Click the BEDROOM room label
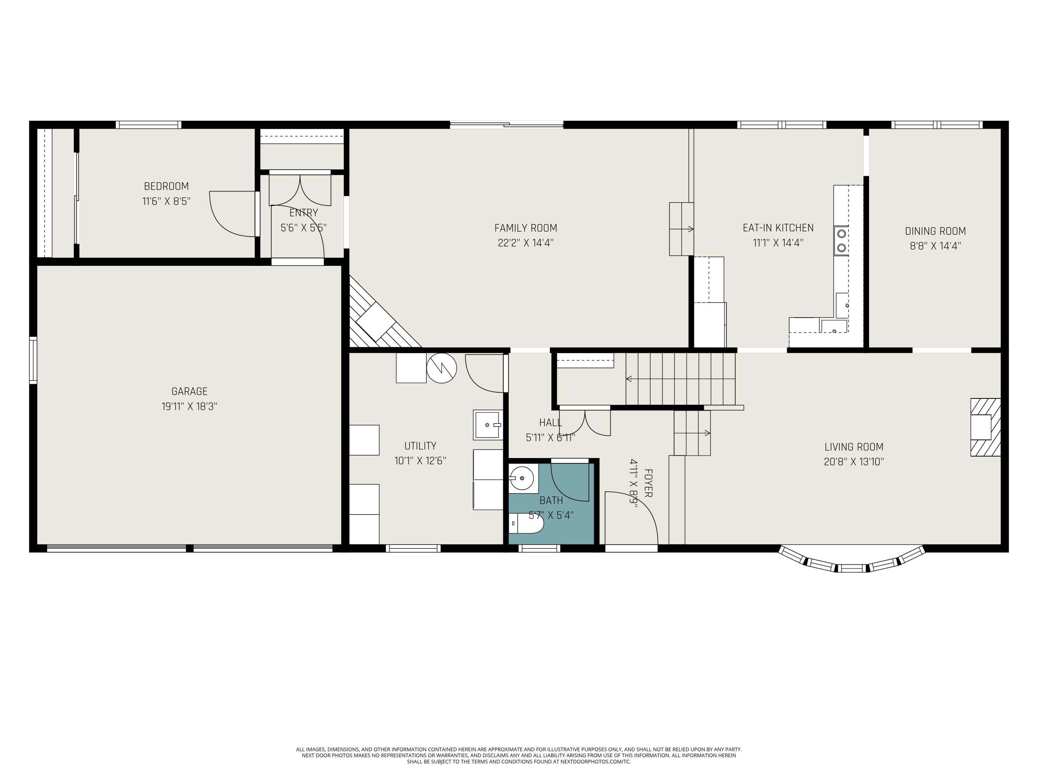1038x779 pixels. [x=166, y=186]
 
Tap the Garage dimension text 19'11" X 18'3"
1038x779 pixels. [x=189, y=406]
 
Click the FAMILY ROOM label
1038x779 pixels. [x=526, y=228]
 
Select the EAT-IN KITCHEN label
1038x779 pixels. [x=778, y=228]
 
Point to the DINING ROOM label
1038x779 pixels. [x=935, y=231]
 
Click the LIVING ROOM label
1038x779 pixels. [x=854, y=447]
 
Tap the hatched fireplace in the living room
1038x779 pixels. [x=985, y=427]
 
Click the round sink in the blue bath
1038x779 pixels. [x=522, y=478]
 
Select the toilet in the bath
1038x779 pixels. [x=527, y=523]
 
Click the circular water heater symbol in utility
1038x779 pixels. [x=441, y=368]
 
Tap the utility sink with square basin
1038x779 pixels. [x=488, y=424]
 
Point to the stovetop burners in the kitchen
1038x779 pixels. [x=842, y=240]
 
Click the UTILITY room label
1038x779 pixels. [x=420, y=446]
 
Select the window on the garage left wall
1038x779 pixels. [x=33, y=360]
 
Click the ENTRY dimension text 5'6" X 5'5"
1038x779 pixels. [x=303, y=228]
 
